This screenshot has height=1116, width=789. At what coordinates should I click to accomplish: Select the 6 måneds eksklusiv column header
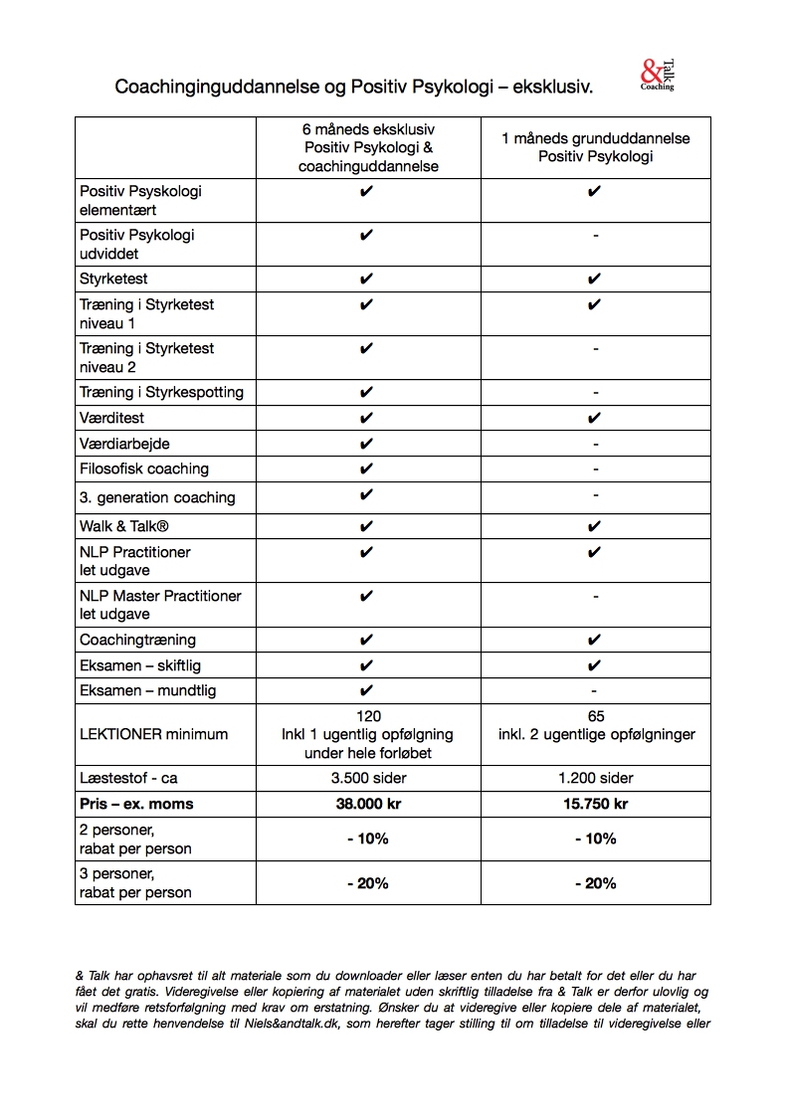(x=368, y=148)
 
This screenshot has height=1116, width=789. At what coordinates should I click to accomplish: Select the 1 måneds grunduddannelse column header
(x=595, y=148)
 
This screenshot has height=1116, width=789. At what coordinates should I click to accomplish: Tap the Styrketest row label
(x=113, y=279)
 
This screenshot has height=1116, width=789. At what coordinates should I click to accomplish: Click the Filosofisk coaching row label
(x=144, y=468)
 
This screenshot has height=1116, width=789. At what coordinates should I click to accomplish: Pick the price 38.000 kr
(x=368, y=804)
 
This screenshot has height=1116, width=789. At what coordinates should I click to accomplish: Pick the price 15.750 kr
(x=595, y=804)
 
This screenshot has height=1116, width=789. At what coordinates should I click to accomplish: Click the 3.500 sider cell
(x=368, y=778)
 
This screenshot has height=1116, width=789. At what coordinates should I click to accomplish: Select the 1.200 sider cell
(x=595, y=778)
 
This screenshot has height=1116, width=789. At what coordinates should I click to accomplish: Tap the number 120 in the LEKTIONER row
(x=368, y=716)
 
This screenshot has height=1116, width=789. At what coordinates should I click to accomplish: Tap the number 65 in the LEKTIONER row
(x=595, y=716)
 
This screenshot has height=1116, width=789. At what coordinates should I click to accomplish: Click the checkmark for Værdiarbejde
(x=366, y=444)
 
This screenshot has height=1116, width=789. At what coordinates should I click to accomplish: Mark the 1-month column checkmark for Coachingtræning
(x=594, y=640)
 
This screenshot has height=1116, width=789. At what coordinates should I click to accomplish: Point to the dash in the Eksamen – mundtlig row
(x=594, y=690)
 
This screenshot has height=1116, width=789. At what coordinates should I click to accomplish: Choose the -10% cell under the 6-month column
(x=368, y=838)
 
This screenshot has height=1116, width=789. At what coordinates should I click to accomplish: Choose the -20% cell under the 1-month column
(x=595, y=883)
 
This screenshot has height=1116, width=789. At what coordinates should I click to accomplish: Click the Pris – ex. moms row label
(x=136, y=804)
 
